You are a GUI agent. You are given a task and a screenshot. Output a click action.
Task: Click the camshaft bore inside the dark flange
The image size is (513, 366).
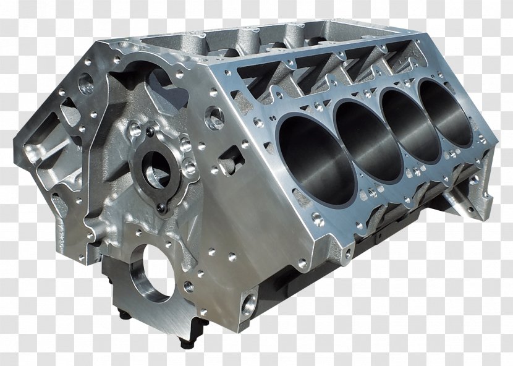[158, 168]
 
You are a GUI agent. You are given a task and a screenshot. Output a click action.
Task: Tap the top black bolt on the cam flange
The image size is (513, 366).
[150, 132]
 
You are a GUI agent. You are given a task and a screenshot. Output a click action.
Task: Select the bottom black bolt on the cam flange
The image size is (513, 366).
[161, 209]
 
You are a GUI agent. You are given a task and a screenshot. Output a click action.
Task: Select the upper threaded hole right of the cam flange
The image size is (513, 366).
[186, 146]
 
